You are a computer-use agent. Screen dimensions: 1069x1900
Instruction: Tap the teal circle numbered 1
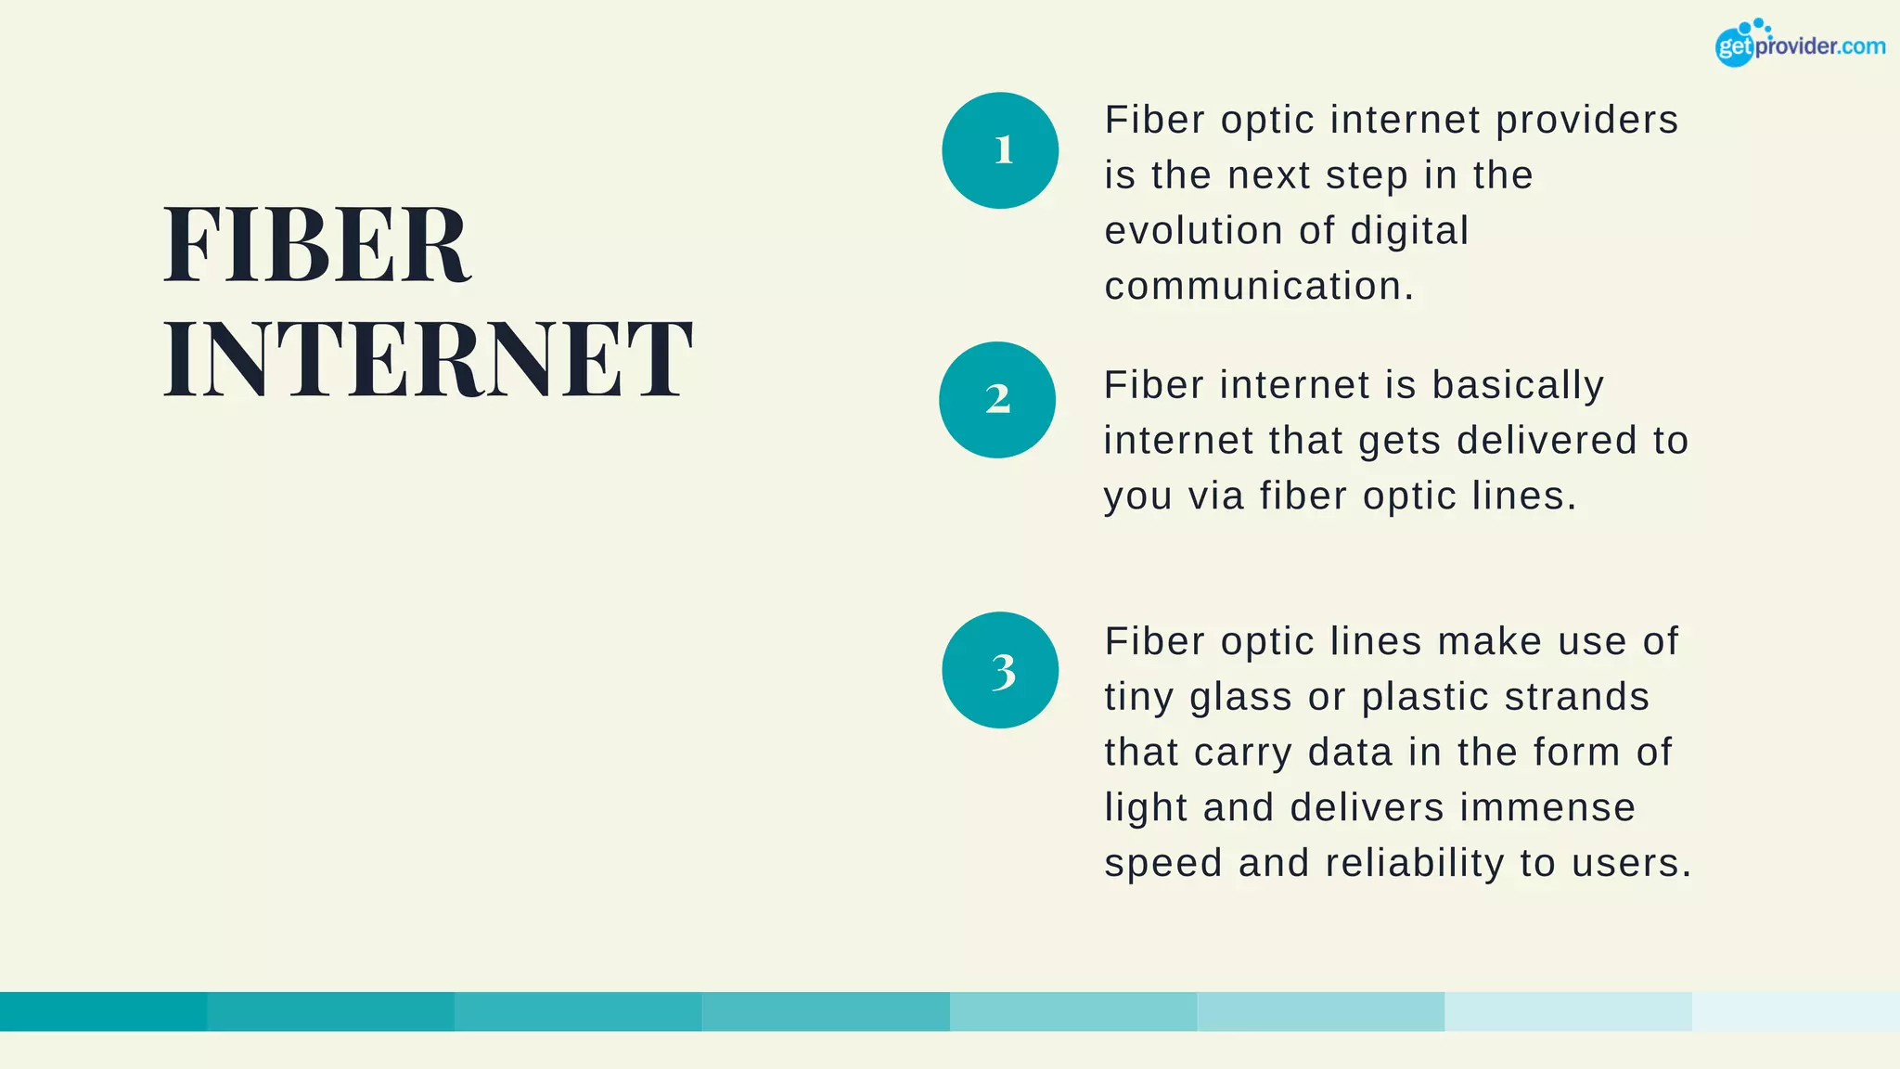pyautogui.click(x=1000, y=150)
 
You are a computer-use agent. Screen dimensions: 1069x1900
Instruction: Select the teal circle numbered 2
pyautogui.click(x=997, y=400)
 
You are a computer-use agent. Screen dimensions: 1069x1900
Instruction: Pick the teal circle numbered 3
pyautogui.click(x=1000, y=670)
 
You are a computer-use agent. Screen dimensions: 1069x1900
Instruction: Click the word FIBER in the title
pyautogui.click(x=316, y=245)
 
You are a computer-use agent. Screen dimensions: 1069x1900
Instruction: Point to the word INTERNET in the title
pyautogui.click(x=428, y=359)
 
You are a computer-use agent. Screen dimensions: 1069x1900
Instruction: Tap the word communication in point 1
pyautogui.click(x=1258, y=287)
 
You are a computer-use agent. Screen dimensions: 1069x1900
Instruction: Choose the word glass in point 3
pyautogui.click(x=1240, y=698)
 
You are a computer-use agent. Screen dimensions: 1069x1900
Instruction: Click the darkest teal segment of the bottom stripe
pyautogui.click(x=103, y=1011)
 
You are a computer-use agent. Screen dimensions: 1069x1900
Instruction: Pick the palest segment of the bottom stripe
pyautogui.click(x=1795, y=1011)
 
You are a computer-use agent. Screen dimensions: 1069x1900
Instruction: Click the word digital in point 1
pyautogui.click(x=1409, y=231)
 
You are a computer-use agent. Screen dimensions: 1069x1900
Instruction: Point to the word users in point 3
pyautogui.click(x=1630, y=864)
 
